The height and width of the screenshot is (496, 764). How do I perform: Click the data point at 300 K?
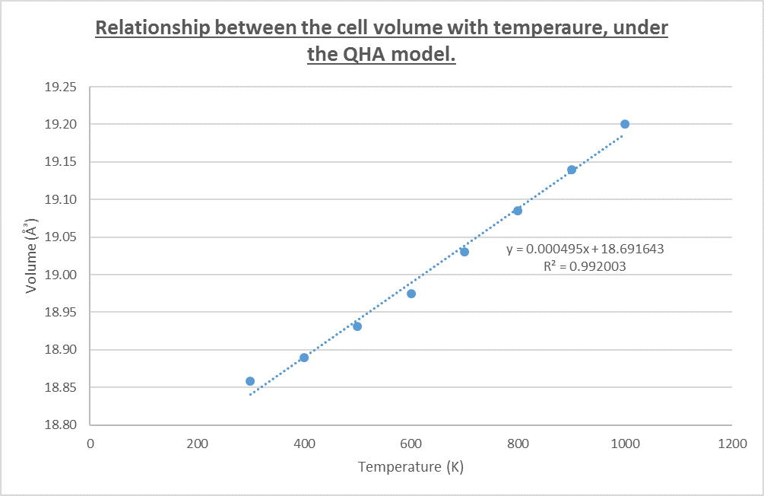[x=250, y=381]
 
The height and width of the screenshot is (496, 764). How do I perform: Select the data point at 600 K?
[x=411, y=294]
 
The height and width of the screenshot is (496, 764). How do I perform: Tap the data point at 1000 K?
[x=625, y=124]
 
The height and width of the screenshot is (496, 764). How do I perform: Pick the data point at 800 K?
[x=518, y=211]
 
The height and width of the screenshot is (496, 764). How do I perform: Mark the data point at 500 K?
[x=357, y=326]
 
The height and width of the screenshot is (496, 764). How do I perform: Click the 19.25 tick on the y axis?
[x=62, y=87]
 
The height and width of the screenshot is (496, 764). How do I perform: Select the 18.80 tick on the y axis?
[x=62, y=425]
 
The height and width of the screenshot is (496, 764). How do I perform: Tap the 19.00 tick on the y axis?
[x=62, y=275]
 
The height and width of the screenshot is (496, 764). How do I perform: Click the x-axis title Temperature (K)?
[x=411, y=466]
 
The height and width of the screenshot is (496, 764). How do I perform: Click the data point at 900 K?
[x=572, y=170]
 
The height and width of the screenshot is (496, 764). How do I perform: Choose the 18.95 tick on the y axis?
[x=62, y=313]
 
